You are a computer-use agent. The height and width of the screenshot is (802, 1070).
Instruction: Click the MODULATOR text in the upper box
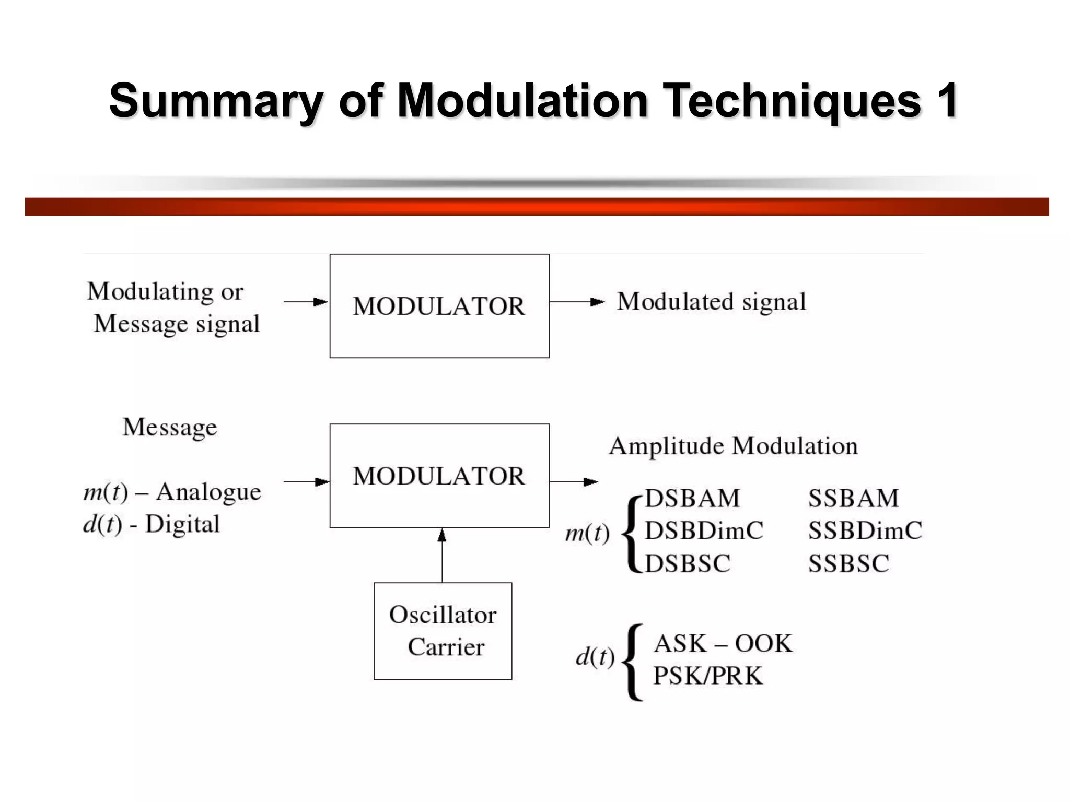439,306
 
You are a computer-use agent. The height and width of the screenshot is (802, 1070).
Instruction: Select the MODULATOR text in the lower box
439,476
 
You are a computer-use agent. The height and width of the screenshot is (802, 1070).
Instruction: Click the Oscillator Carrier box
443,631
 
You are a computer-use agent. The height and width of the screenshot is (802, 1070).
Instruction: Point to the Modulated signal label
712,302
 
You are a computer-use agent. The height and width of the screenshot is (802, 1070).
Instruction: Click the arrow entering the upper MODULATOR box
306,302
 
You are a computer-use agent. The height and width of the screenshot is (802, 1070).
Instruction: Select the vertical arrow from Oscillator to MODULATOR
442,556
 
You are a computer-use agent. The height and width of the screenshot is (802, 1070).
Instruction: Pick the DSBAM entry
692,499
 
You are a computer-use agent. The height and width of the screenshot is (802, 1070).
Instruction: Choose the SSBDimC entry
865,531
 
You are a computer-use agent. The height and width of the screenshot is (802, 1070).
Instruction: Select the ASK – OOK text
723,644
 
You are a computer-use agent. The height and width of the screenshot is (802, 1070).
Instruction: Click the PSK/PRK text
708,676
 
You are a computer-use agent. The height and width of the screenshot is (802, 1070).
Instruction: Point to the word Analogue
208,492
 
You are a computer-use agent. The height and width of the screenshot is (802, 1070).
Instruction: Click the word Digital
182,524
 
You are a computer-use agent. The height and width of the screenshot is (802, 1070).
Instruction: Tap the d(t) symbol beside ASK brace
595,657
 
